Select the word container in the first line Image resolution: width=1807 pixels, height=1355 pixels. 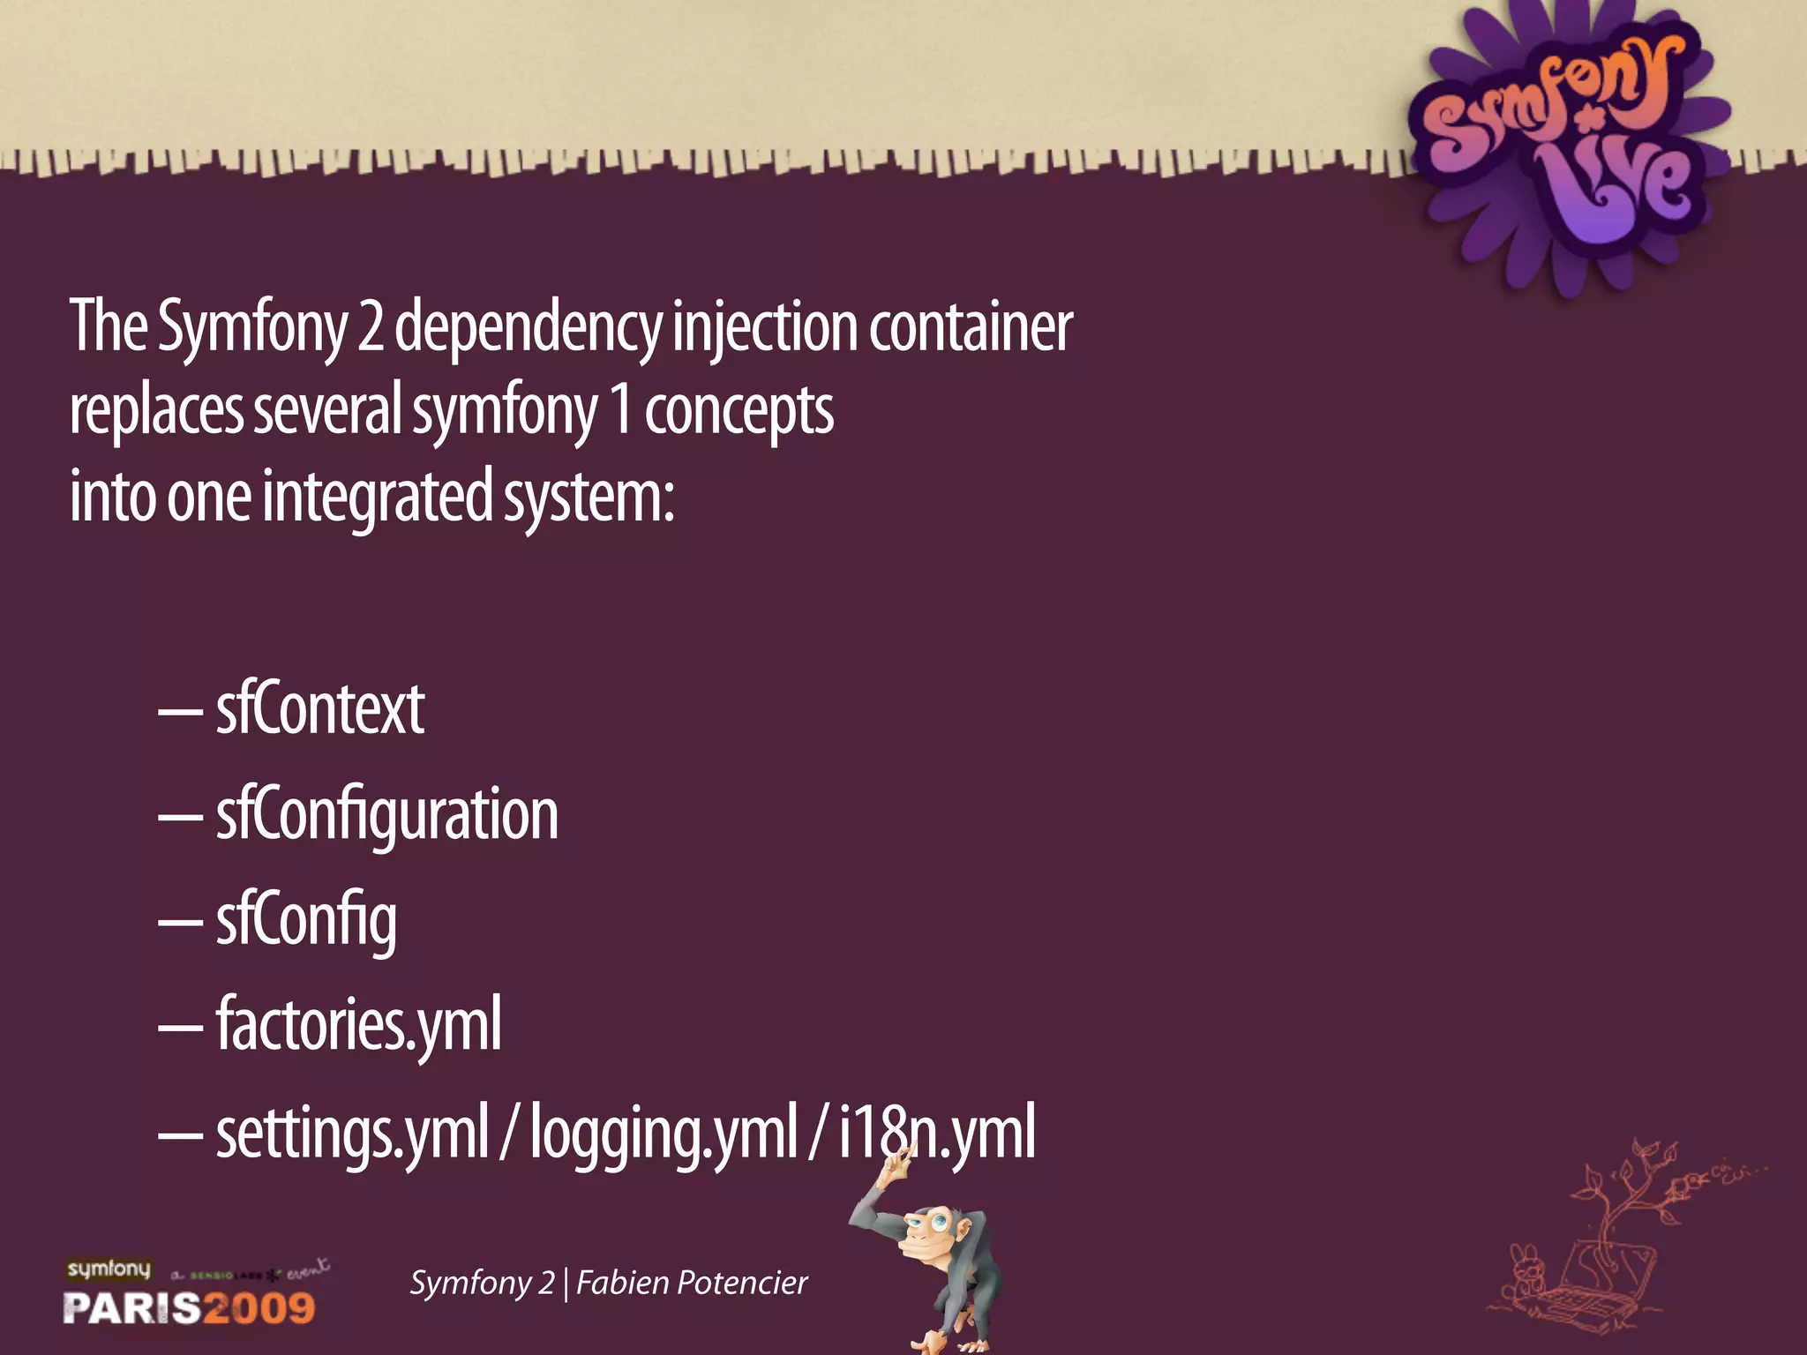pyautogui.click(x=971, y=326)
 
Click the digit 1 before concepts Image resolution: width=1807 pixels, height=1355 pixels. pyautogui.click(x=621, y=409)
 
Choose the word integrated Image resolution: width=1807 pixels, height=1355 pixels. pyautogui.click(x=378, y=496)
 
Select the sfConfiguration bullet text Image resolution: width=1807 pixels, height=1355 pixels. pyautogui.click(x=386, y=814)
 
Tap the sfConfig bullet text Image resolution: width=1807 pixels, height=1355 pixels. pyautogui.click(x=305, y=920)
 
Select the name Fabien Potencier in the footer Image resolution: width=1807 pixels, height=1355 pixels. pyautogui.click(x=692, y=1283)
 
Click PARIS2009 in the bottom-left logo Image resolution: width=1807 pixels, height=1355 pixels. pyautogui.click(x=189, y=1307)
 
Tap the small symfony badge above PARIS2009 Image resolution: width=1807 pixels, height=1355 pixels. pyautogui.click(x=109, y=1269)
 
